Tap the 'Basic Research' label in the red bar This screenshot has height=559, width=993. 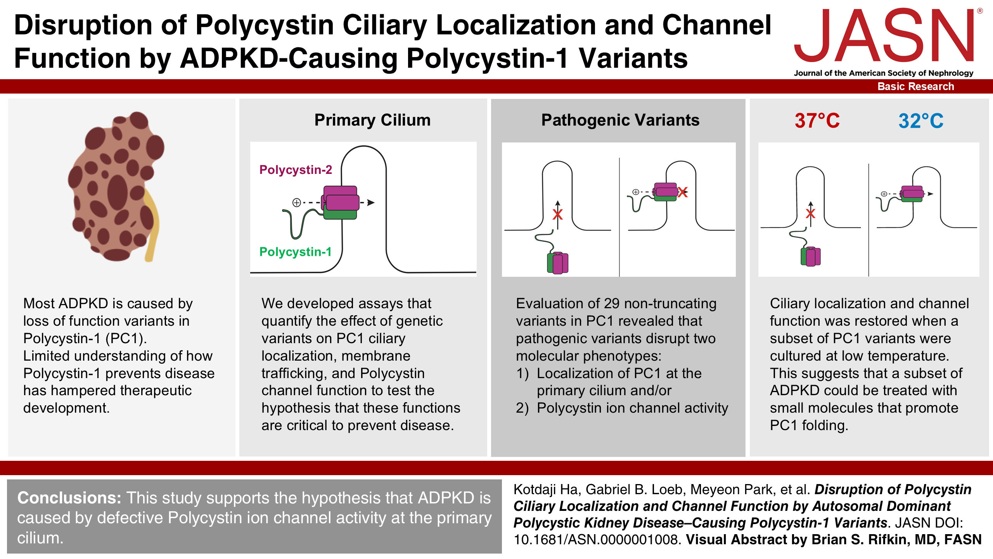pos(915,87)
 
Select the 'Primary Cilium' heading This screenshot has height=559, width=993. pos(372,120)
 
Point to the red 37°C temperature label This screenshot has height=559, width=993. pos(817,121)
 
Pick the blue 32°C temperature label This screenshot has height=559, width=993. pos(921,121)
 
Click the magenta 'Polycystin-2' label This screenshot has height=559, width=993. pos(296,170)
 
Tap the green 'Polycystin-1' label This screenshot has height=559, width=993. pos(295,252)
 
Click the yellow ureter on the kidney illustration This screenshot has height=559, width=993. pos(152,225)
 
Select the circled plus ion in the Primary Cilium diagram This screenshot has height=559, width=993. pos(297,202)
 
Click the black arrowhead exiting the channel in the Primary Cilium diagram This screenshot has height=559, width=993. pos(371,202)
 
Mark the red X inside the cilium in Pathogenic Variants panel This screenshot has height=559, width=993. pos(557,214)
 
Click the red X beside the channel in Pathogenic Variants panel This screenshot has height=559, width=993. pos(683,192)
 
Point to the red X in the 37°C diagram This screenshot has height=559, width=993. pos(810,213)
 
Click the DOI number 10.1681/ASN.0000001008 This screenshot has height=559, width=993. pos(597,540)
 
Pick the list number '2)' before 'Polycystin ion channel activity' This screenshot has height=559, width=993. pos(522,408)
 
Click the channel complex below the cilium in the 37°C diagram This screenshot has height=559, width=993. pos(811,257)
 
